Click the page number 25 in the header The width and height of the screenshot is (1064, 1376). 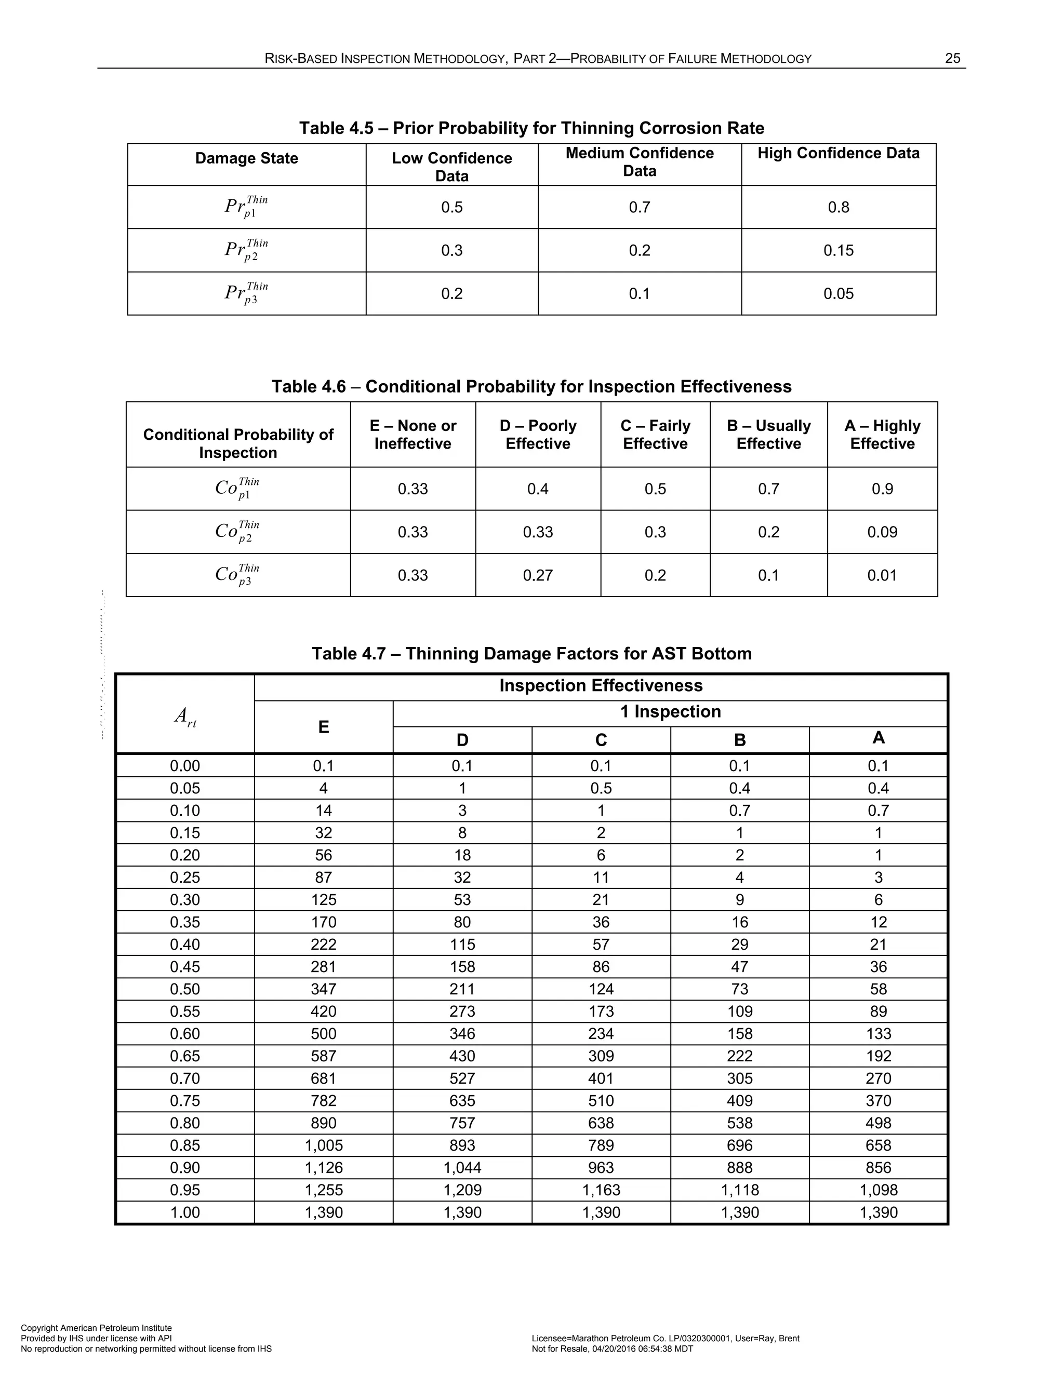tap(952, 59)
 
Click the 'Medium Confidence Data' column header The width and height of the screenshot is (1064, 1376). tap(639, 162)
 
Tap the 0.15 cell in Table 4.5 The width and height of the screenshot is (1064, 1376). tap(839, 250)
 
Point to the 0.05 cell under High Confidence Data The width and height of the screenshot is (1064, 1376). tap(839, 293)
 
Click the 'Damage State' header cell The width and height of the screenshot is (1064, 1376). tap(246, 158)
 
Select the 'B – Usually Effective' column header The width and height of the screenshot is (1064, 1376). tap(768, 434)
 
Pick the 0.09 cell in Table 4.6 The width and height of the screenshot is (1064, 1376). tap(882, 532)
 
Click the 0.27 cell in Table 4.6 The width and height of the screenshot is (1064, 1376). tap(538, 575)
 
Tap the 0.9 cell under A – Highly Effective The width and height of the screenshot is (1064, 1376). tap(882, 489)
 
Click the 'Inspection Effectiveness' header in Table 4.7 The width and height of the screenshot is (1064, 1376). tap(601, 685)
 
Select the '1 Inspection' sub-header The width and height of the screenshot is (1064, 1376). tap(670, 711)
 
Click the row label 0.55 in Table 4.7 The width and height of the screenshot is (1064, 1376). tap(184, 1011)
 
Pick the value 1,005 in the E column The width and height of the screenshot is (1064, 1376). tap(323, 1145)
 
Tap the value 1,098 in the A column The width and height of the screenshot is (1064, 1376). tap(878, 1190)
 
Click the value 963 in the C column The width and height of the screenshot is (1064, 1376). tap(601, 1167)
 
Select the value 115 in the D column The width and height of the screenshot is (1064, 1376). tap(462, 945)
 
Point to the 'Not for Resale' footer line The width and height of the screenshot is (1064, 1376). tap(612, 1349)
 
